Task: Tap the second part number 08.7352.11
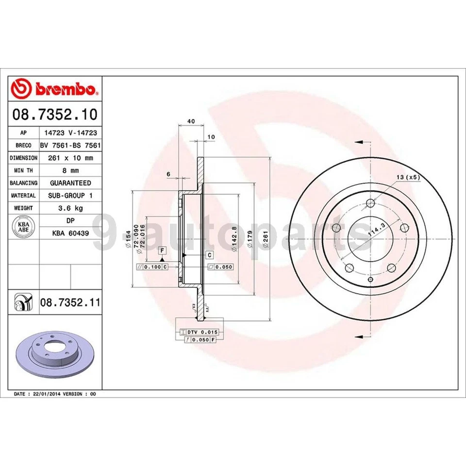70,303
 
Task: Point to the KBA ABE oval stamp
23,227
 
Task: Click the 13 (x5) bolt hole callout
408,177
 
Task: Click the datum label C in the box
209,255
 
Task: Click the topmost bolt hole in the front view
370,203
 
